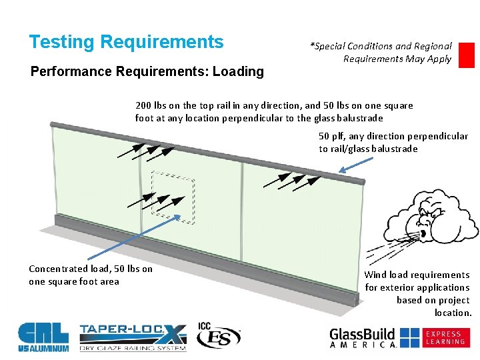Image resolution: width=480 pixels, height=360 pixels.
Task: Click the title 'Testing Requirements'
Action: tap(126, 42)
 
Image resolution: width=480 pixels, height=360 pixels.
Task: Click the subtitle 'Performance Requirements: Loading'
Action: tap(147, 71)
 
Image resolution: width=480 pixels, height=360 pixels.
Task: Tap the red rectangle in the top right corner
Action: tap(467, 55)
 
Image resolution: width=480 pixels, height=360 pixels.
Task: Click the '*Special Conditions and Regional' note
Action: tap(381, 46)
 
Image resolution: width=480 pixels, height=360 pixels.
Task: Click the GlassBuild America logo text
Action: tap(363, 337)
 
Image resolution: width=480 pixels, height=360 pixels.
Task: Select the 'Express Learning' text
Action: tap(445, 337)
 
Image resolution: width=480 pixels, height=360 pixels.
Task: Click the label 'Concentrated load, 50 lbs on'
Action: tap(91, 269)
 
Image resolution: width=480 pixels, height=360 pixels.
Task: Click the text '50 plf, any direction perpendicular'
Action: tap(393, 136)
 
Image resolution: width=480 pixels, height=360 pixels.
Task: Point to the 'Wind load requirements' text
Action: tap(417, 275)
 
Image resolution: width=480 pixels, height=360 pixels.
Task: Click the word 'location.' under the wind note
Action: tap(453, 313)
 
